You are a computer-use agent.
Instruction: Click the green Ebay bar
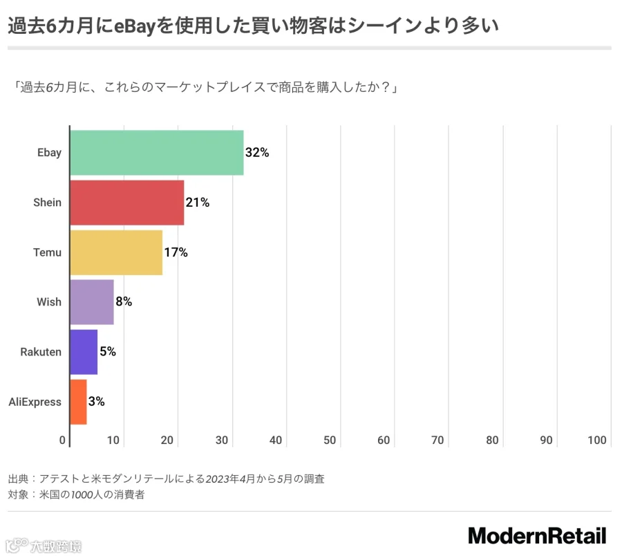pos(157,153)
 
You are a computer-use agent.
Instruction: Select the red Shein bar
pos(127,203)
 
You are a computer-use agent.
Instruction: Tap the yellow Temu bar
pos(116,252)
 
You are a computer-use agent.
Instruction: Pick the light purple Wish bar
pos(92,302)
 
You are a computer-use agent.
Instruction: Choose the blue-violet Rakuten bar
pos(84,352)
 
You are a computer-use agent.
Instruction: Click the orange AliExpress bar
pos(79,402)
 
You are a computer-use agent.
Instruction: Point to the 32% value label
pos(257,152)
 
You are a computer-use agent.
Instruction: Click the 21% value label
pos(198,203)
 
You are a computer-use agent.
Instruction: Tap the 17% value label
pos(176,252)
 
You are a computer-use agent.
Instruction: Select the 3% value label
pos(96,401)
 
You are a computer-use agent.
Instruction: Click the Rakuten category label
pos(41,352)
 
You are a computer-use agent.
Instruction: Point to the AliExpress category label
pos(35,402)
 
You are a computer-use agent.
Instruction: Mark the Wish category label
pos(49,302)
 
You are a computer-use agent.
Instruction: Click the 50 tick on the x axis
pos(330,440)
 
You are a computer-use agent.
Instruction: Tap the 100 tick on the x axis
pos(597,440)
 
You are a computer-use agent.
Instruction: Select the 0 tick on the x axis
pos(62,440)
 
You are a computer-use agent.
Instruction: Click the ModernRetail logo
pos(538,536)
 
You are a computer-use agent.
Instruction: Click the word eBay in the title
pos(134,26)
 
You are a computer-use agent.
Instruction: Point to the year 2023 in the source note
pos(217,479)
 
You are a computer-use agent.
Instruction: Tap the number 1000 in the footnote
pos(82,495)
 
